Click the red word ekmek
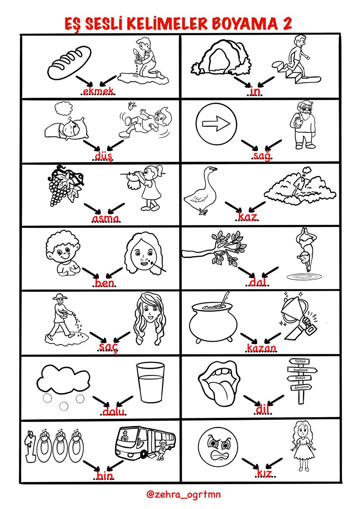[98, 91]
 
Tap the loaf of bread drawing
[69, 62]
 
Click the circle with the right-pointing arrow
[216, 124]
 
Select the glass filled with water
[150, 383]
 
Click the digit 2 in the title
[287, 24]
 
